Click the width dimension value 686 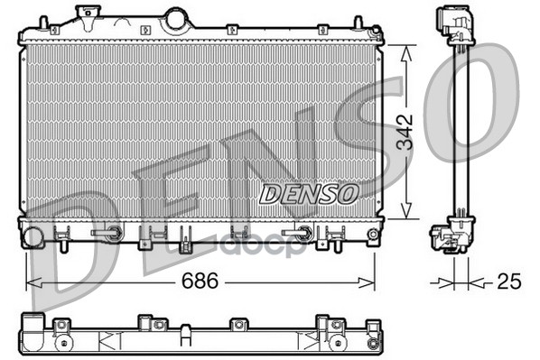200,281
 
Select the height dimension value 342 405,132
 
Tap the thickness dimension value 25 509,281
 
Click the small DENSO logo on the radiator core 309,193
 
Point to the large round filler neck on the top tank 177,20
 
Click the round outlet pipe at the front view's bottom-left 33,236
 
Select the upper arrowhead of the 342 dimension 406,54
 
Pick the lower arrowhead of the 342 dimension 406,210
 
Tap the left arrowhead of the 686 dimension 34,283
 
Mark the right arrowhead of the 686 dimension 367,283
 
